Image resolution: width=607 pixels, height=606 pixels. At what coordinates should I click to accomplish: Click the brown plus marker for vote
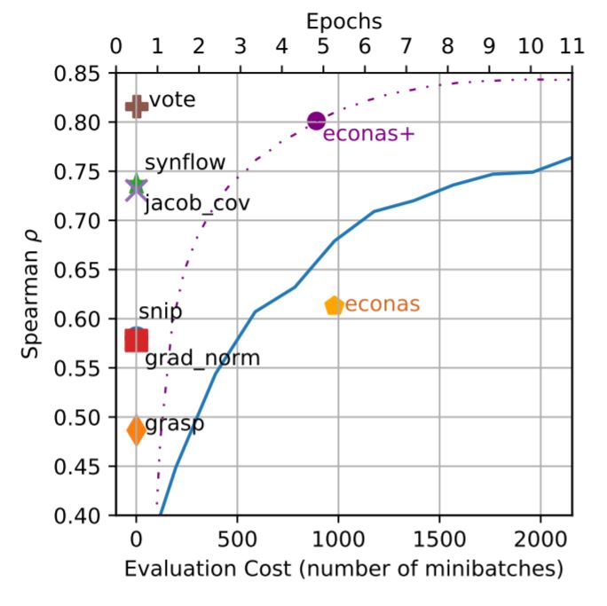click(x=136, y=106)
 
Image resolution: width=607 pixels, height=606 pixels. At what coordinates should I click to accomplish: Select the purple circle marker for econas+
click(x=317, y=121)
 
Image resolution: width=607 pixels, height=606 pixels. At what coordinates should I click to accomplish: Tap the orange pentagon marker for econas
click(x=334, y=305)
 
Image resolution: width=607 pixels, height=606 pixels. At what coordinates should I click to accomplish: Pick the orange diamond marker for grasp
click(x=136, y=430)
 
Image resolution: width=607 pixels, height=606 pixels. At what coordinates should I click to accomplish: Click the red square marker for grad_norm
click(x=136, y=340)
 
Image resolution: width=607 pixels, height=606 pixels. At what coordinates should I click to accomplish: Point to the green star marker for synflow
click(x=136, y=185)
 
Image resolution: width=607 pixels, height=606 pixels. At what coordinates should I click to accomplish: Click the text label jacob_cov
click(x=196, y=203)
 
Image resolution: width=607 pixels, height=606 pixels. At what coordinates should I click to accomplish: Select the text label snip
click(x=160, y=312)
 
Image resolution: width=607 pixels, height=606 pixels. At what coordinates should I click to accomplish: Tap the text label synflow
click(x=185, y=162)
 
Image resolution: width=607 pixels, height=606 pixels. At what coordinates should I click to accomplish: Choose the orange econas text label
click(x=382, y=305)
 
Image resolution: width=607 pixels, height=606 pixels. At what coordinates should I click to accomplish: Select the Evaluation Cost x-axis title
click(x=343, y=569)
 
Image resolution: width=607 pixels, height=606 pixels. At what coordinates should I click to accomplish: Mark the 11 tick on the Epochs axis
click(x=572, y=48)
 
